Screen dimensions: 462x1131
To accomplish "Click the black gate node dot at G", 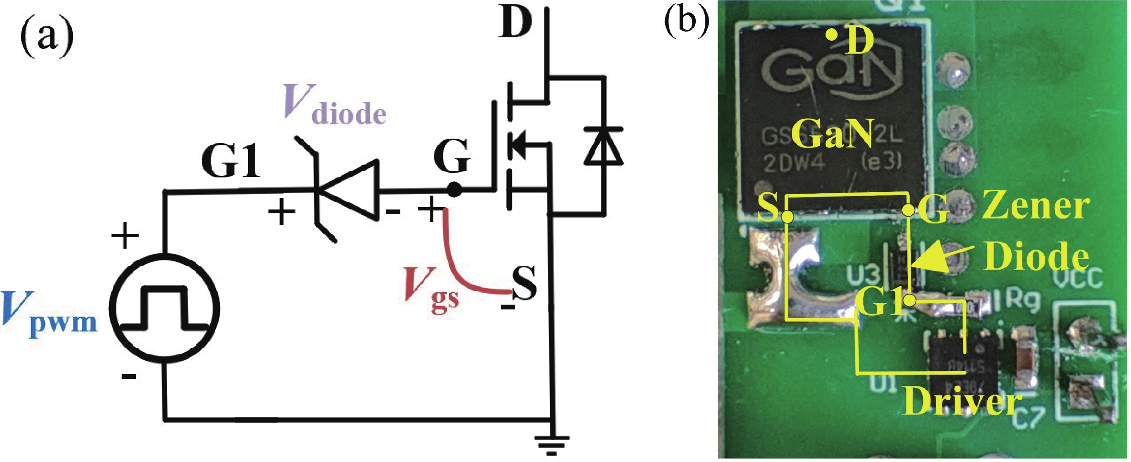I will click(454, 190).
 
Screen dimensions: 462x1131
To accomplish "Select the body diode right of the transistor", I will click(603, 146).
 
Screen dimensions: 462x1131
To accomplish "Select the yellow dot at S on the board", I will click(788, 217).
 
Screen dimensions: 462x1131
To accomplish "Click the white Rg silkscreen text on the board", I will click(1022, 300).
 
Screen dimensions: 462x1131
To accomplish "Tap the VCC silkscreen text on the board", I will click(1081, 277).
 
